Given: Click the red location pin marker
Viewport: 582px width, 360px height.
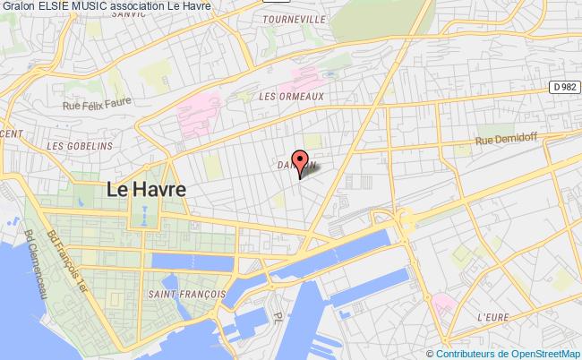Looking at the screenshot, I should click(299, 159).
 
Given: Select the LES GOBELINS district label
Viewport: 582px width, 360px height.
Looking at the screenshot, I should click(80, 145).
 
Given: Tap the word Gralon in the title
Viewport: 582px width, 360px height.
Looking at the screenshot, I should click(17, 8).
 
